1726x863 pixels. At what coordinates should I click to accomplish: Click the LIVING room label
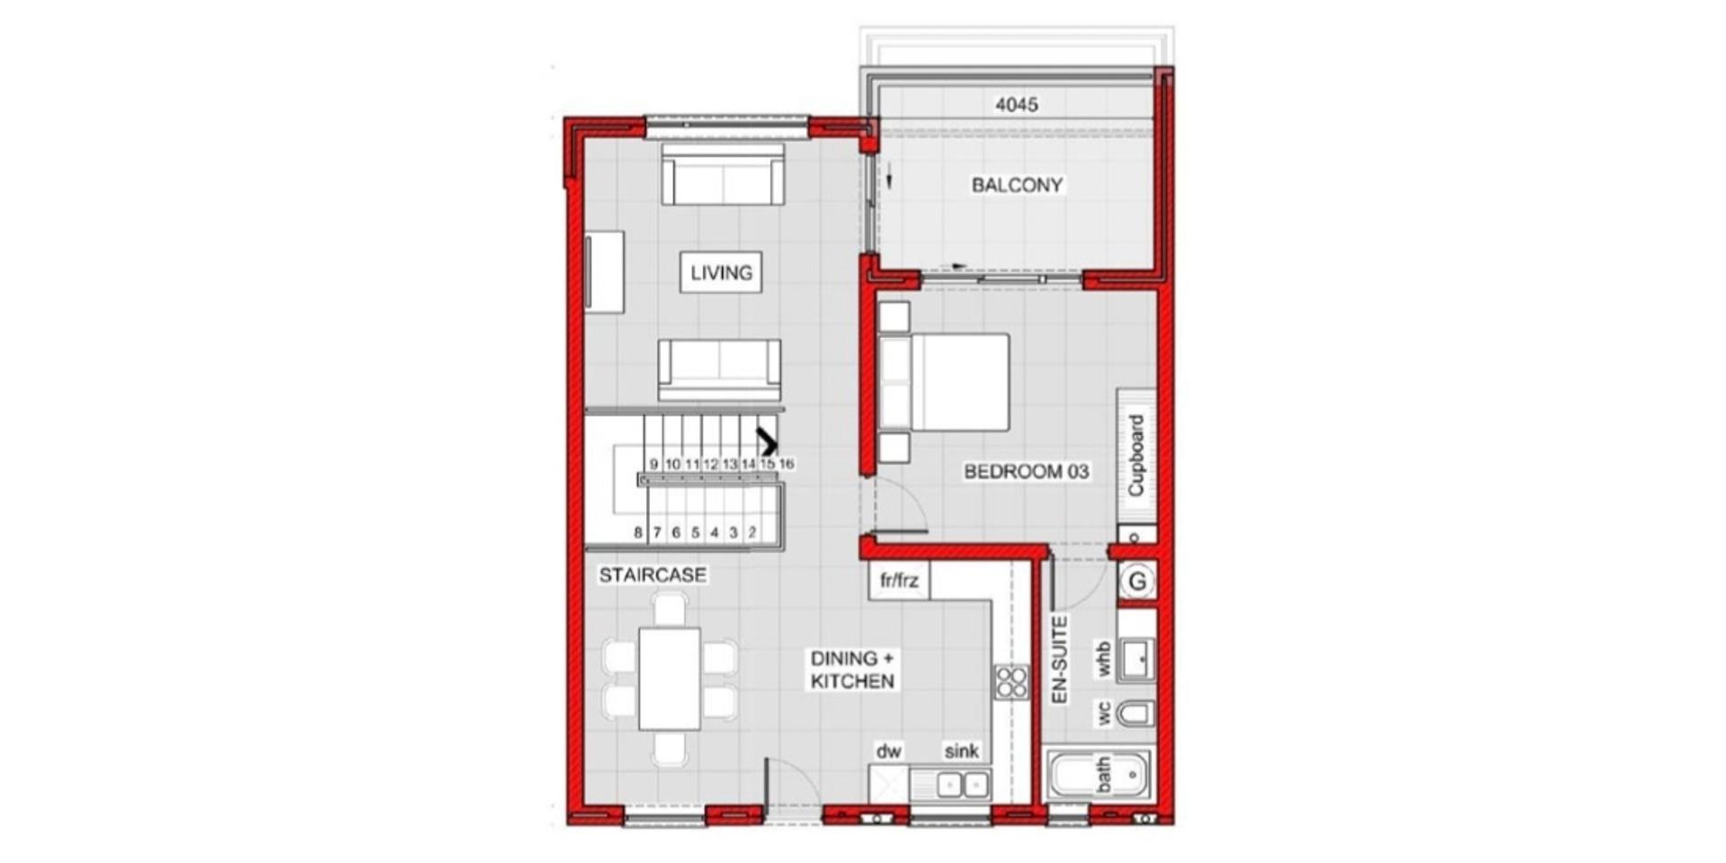point(721,272)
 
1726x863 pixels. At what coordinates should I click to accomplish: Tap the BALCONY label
point(1017,185)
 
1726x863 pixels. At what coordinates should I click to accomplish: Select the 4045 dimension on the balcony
point(1017,104)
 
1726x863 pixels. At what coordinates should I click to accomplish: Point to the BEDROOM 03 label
point(1026,471)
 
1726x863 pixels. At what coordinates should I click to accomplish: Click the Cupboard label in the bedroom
point(1136,455)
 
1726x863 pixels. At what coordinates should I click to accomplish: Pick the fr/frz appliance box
point(899,581)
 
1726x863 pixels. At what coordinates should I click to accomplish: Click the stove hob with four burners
point(1011,681)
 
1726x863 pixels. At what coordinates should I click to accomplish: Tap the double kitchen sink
point(963,785)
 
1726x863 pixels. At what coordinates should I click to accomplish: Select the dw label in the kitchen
point(889,751)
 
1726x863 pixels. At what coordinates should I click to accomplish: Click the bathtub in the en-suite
point(1099,774)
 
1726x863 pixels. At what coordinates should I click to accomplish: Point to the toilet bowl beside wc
point(1134,715)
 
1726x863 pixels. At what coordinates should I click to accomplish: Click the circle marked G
point(1137,582)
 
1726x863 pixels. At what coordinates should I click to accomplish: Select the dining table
point(670,679)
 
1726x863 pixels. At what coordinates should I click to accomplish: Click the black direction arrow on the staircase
point(767,441)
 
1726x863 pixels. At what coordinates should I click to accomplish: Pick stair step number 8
point(638,532)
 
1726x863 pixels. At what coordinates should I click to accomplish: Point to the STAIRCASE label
point(653,574)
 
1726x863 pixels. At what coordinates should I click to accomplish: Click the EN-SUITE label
point(1060,659)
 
